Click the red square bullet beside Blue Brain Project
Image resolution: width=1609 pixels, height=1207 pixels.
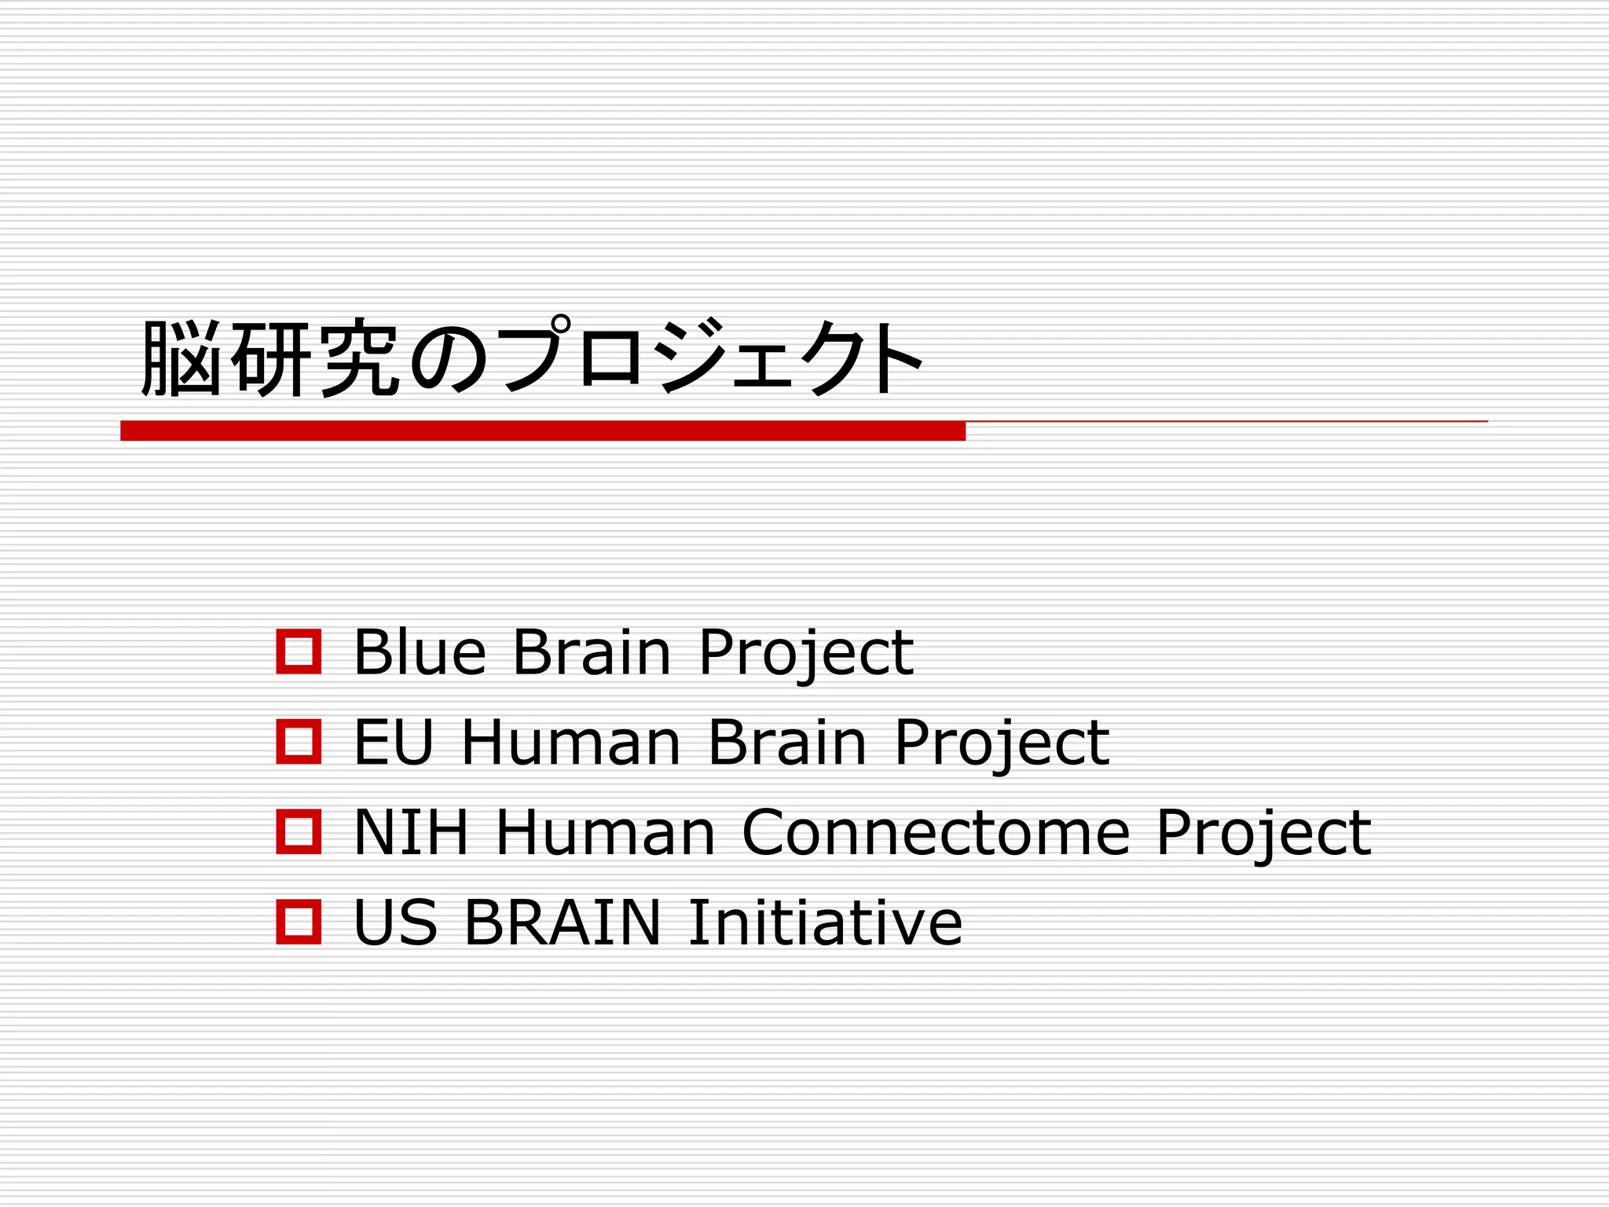click(x=299, y=651)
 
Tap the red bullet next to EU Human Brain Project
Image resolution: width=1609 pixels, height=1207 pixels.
click(x=299, y=742)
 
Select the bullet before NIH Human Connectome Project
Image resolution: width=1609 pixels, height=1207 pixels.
click(x=299, y=831)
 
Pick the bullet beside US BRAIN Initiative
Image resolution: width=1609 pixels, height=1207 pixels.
click(x=299, y=921)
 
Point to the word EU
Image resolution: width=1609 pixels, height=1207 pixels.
click(x=394, y=742)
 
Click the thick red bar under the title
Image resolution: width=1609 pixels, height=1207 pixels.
click(x=542, y=431)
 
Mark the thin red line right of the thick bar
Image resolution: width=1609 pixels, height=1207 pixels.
click(x=1226, y=422)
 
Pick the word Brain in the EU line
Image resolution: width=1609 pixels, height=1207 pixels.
click(x=787, y=742)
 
